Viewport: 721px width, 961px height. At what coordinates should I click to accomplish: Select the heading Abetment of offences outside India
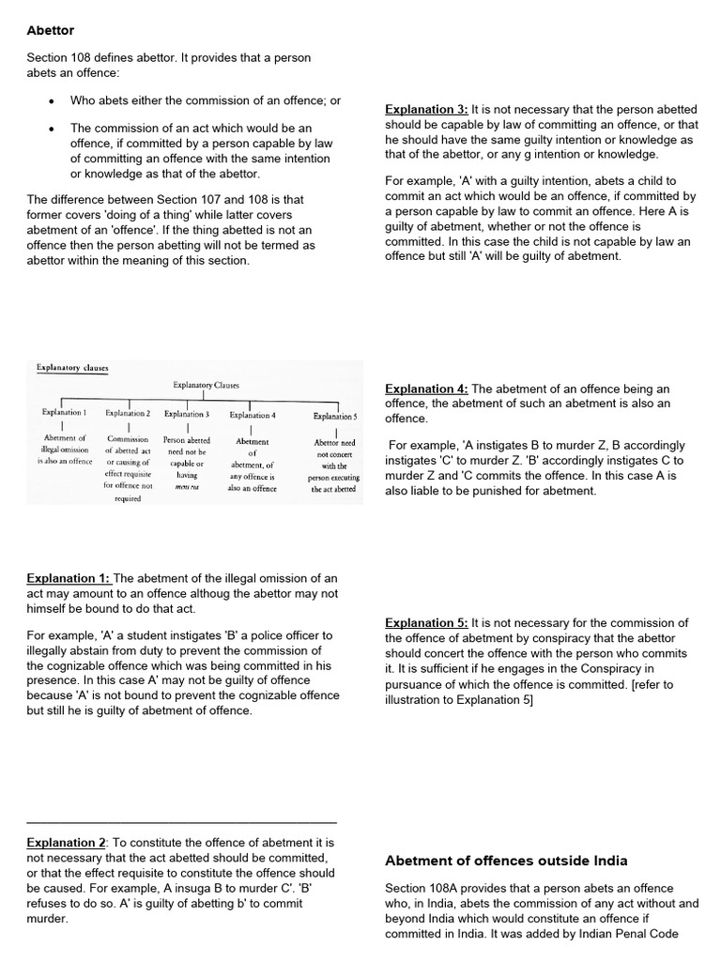[x=506, y=861]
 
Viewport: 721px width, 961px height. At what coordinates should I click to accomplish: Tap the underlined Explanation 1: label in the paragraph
[x=69, y=578]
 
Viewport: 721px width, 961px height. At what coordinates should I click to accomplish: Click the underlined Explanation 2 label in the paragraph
[x=66, y=843]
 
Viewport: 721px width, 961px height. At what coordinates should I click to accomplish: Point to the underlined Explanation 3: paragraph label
[x=426, y=110]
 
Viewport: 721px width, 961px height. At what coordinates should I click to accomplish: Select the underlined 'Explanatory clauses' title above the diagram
[x=71, y=369]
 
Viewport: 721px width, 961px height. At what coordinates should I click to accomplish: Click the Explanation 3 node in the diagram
[x=187, y=413]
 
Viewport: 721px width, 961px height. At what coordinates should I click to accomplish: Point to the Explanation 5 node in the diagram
[x=335, y=416]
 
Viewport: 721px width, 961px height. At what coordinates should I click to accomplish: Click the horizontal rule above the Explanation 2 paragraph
[x=181, y=822]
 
